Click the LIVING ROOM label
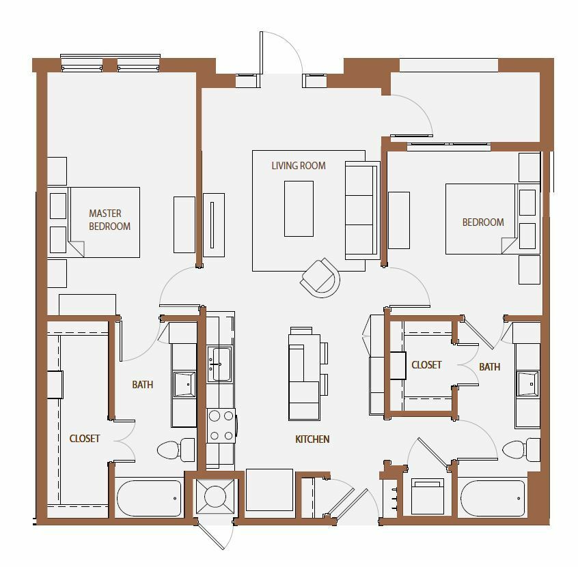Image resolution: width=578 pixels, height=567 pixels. (299, 166)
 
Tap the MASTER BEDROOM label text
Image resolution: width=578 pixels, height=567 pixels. (109, 220)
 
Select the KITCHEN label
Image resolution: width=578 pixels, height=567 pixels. (312, 439)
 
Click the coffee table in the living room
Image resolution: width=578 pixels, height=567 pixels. (299, 208)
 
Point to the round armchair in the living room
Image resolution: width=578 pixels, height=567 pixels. (320, 278)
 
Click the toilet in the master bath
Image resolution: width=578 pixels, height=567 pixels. (176, 450)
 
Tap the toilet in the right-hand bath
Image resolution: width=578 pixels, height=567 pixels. (521, 450)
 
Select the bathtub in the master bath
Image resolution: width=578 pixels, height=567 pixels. (150, 499)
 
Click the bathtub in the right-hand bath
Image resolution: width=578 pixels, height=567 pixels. (493, 499)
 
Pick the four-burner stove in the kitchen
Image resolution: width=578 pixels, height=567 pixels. (221, 426)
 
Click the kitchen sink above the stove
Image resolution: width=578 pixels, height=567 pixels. (220, 364)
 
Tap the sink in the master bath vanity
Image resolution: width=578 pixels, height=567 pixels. (184, 384)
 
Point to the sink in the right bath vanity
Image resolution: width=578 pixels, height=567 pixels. (527, 383)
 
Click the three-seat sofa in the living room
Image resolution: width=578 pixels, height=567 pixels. (362, 210)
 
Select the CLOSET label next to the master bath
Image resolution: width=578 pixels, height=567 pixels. (85, 439)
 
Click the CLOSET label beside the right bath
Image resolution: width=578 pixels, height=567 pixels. (426, 365)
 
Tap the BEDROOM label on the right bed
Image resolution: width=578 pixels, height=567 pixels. (483, 222)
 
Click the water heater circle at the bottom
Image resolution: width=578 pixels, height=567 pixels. (215, 496)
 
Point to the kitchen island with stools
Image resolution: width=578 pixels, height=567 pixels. (309, 374)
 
